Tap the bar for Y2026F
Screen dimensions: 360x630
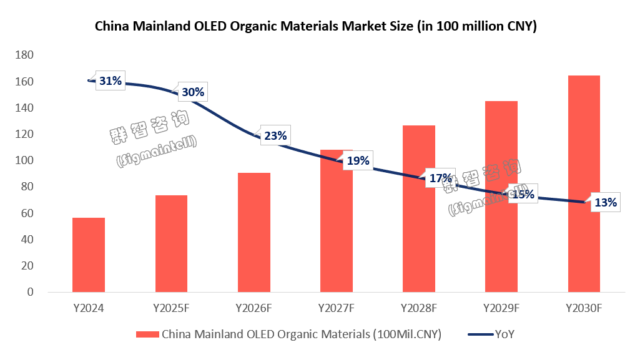(253, 232)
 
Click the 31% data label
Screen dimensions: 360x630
(111, 81)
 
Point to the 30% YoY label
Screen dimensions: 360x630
(192, 92)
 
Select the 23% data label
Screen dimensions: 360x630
(275, 135)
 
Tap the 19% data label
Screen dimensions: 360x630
(358, 161)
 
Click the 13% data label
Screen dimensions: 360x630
(605, 202)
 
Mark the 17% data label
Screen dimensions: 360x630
(440, 179)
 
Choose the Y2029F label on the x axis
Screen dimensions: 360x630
(501, 308)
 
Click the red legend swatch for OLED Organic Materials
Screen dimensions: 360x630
(147, 334)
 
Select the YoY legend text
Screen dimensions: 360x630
(504, 334)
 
